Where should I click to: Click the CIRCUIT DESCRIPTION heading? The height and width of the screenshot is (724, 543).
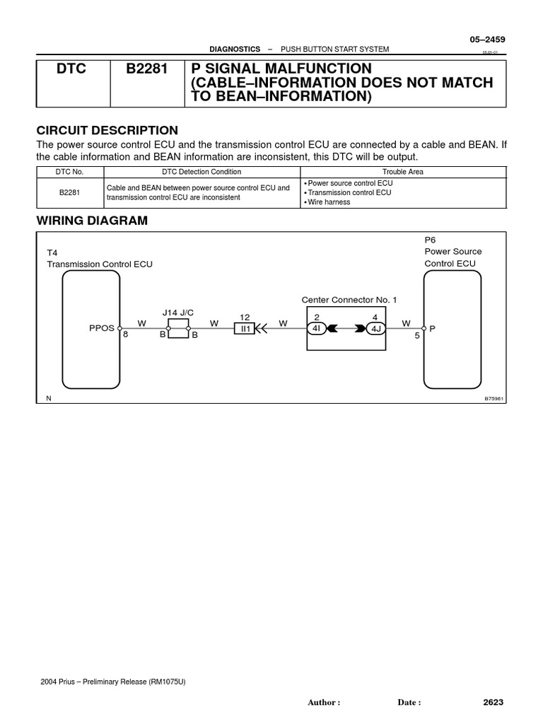pyautogui.click(x=107, y=131)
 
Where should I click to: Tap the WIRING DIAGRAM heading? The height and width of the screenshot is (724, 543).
pyautogui.click(x=92, y=221)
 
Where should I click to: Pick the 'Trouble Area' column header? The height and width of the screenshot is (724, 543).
pyautogui.click(x=403, y=172)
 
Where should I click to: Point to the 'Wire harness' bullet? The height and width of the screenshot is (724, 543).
pyautogui.click(x=327, y=202)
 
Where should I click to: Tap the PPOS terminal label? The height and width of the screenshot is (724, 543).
pyautogui.click(x=101, y=329)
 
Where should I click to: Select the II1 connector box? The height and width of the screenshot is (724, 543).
pyautogui.click(x=245, y=329)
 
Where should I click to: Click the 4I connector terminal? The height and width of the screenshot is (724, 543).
pyautogui.click(x=316, y=329)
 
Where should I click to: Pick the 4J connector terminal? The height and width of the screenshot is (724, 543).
pyautogui.click(x=375, y=329)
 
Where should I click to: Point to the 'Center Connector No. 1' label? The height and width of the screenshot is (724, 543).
pyautogui.click(x=349, y=300)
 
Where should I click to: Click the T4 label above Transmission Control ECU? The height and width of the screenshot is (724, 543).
pyautogui.click(x=52, y=252)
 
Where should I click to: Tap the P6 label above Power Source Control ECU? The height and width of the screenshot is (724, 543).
pyautogui.click(x=431, y=240)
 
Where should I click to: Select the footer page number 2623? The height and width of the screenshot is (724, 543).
pyautogui.click(x=493, y=702)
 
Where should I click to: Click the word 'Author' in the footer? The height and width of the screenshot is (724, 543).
pyautogui.click(x=322, y=703)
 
